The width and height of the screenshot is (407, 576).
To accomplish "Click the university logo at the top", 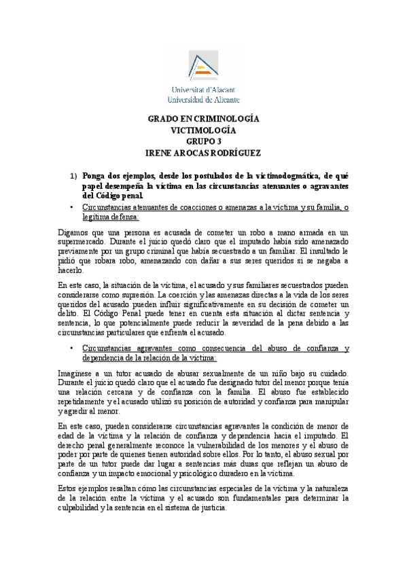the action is [203, 65].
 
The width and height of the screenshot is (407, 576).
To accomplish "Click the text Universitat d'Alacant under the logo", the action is [203, 90].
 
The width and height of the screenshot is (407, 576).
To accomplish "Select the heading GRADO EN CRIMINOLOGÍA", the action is [203, 119].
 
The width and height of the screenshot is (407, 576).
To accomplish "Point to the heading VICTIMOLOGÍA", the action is [203, 130].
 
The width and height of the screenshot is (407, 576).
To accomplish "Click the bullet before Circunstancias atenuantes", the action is [72, 207].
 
